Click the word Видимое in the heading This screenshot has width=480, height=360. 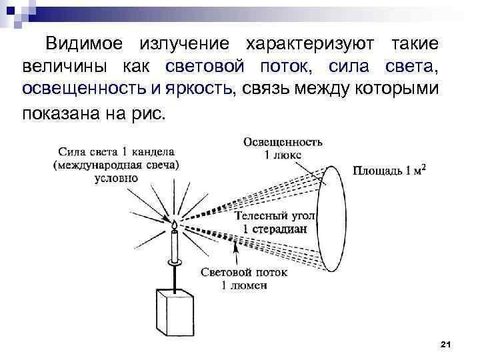pyautogui.click(x=84, y=43)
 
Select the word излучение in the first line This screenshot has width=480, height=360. pyautogui.click(x=184, y=44)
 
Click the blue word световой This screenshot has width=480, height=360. pyautogui.click(x=205, y=66)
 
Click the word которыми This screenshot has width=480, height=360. pyautogui.click(x=397, y=89)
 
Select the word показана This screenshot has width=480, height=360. pyautogui.click(x=61, y=114)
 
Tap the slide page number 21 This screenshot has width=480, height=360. pyautogui.click(x=445, y=345)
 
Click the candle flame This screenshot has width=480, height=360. pyautogui.click(x=174, y=225)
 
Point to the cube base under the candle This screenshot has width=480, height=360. pyautogui.click(x=175, y=312)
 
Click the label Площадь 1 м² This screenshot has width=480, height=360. pyautogui.click(x=389, y=170)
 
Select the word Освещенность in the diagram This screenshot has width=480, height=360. pyautogui.click(x=283, y=142)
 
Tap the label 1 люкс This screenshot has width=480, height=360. pyautogui.click(x=283, y=155)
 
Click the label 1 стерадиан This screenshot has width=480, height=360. pyautogui.click(x=275, y=229)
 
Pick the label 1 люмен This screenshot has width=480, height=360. pyautogui.click(x=244, y=285)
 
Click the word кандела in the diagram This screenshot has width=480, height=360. pyautogui.click(x=153, y=152)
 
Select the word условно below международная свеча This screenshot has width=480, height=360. pyautogui.click(x=116, y=179)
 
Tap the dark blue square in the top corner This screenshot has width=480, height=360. pyautogui.click(x=11, y=11)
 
